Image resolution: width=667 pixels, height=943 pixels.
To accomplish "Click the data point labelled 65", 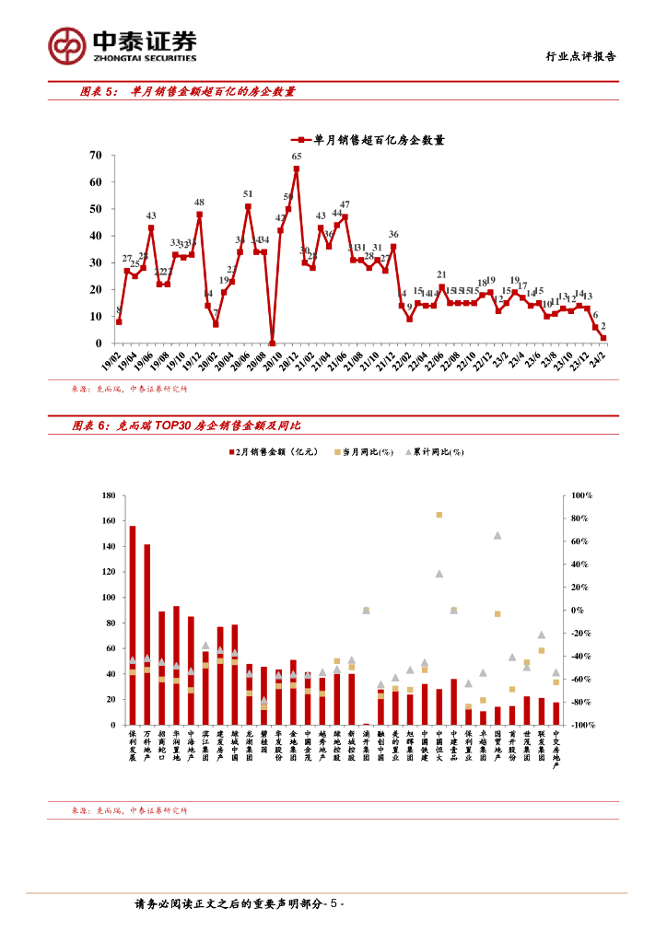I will point(297,169).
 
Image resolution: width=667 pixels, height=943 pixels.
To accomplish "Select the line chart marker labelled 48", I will point(199,215).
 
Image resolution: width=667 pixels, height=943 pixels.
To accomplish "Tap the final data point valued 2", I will point(603,338).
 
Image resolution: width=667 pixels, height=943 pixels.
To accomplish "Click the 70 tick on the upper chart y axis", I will point(95,156).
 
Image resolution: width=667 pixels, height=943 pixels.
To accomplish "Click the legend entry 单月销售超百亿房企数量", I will point(370,140).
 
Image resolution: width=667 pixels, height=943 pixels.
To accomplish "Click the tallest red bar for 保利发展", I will point(133,624).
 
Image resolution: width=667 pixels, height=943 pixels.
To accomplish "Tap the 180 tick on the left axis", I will point(108,496).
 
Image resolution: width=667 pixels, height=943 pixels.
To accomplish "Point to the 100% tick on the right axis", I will point(583,496).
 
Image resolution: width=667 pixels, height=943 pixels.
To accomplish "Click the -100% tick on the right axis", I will point(583,726).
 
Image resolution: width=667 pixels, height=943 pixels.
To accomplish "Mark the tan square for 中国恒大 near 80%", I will point(439,515).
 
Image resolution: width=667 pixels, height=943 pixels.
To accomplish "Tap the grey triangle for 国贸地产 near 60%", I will point(497,535).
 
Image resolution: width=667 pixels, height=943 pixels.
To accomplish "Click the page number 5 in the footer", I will point(334,904).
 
